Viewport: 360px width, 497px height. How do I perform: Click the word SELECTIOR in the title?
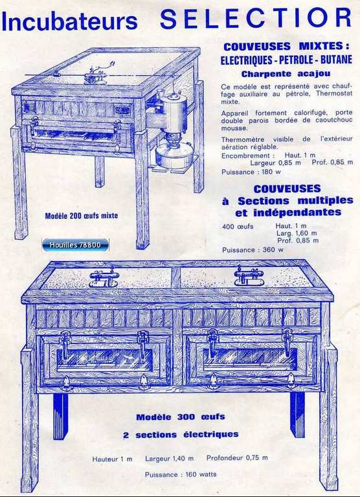(256, 18)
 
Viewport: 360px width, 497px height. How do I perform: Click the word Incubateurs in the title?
(70, 21)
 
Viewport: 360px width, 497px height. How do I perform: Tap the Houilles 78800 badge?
(75, 245)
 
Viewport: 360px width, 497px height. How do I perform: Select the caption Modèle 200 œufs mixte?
(82, 216)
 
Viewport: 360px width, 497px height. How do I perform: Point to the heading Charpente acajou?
(286, 74)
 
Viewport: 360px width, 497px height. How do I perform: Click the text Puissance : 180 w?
(251, 172)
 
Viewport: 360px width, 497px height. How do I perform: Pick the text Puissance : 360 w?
(253, 249)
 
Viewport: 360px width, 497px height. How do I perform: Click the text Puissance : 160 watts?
(181, 474)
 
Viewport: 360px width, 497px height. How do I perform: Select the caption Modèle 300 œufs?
(181, 417)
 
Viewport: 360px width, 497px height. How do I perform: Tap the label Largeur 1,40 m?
(170, 458)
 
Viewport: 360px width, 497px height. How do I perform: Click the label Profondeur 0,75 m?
(237, 457)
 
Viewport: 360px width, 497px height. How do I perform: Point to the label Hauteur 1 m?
(113, 459)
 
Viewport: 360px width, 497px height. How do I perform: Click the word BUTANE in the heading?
(336, 60)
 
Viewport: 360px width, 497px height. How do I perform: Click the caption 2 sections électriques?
(181, 435)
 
